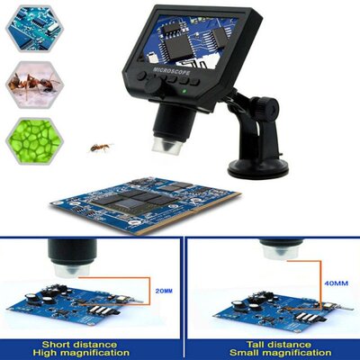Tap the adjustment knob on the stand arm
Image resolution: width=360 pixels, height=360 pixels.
click(x=268, y=105)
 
